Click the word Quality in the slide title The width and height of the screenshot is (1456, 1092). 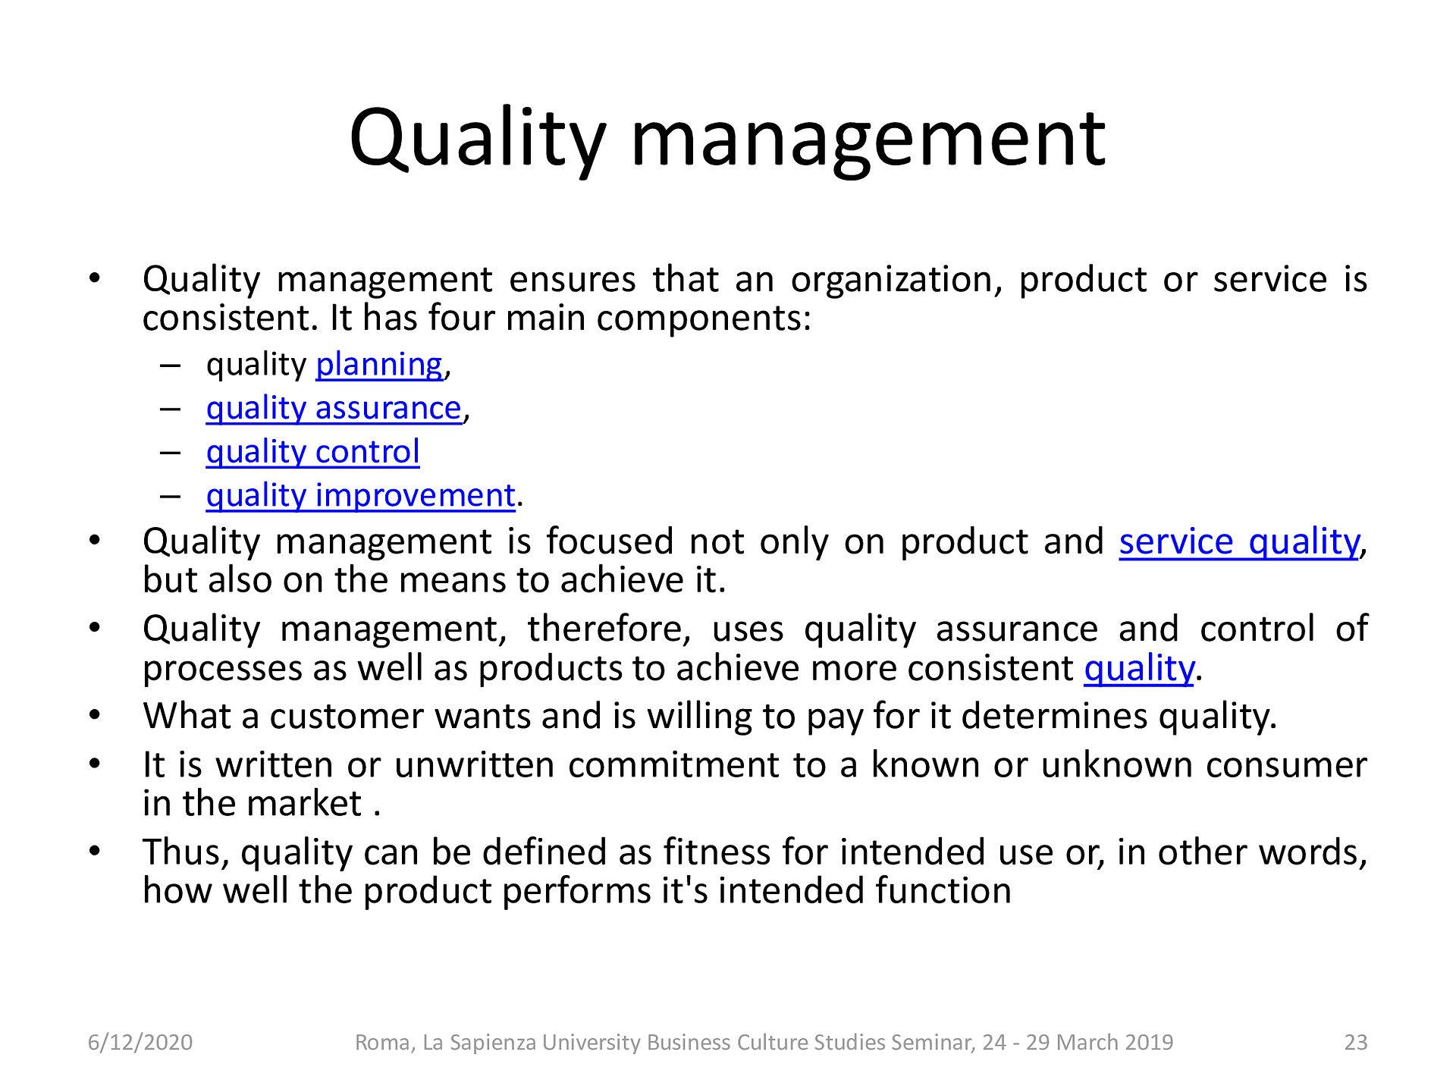[477, 140]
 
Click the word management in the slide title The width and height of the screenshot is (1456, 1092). [868, 141]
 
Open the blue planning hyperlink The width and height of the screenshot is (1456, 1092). [379, 365]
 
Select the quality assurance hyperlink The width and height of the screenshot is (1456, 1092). [334, 408]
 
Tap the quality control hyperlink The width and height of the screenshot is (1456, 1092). [312, 452]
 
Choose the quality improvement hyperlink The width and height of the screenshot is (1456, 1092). [361, 495]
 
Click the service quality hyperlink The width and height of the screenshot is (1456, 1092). [1240, 542]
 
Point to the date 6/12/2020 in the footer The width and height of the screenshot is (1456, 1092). [140, 1043]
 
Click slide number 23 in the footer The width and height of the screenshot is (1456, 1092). [1356, 1043]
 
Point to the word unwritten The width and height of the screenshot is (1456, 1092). [475, 764]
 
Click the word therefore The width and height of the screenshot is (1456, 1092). [610, 629]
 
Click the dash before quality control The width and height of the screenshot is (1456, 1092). [171, 453]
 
